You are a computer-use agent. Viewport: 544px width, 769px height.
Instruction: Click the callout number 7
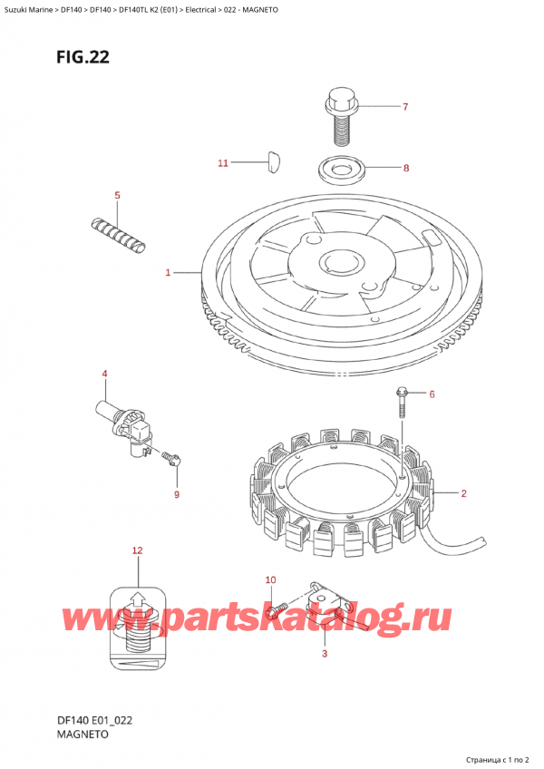(x=405, y=107)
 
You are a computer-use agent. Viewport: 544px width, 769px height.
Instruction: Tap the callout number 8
(x=405, y=168)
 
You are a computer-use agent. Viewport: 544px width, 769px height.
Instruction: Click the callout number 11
(x=223, y=163)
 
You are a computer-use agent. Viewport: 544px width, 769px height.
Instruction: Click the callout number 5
(x=116, y=195)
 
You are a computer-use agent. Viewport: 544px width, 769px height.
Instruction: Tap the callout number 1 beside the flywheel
(x=168, y=272)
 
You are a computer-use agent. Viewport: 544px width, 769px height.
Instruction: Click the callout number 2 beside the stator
(x=463, y=493)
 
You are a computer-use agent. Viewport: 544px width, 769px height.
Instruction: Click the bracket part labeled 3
(x=325, y=603)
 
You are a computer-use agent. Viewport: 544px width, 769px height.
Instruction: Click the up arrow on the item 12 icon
(x=136, y=599)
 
